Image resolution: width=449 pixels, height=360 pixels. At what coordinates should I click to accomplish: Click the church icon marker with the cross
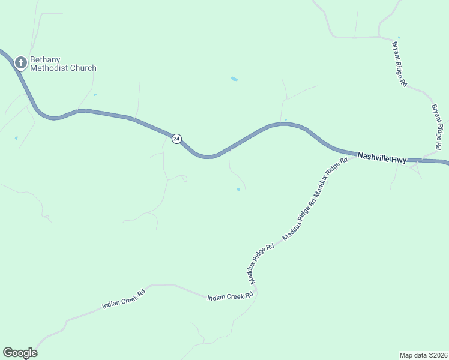20,62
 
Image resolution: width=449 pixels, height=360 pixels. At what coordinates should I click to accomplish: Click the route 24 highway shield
176,139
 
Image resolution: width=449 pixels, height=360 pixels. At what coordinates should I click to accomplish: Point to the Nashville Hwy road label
382,158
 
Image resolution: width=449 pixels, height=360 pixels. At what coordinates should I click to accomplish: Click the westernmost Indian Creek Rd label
124,299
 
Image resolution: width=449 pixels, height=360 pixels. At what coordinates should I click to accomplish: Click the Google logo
20,353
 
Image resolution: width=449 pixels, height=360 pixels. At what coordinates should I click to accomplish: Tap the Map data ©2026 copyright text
423,355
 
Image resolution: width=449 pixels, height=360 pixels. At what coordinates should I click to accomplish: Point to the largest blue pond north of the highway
234,79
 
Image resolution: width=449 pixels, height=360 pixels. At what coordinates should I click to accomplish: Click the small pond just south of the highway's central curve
238,190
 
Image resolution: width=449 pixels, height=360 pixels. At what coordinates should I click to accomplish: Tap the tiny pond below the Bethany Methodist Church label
95,94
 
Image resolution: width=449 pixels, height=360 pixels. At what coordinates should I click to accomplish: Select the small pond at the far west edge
16,138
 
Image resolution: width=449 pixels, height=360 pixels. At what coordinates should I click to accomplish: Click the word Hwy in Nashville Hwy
397,160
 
